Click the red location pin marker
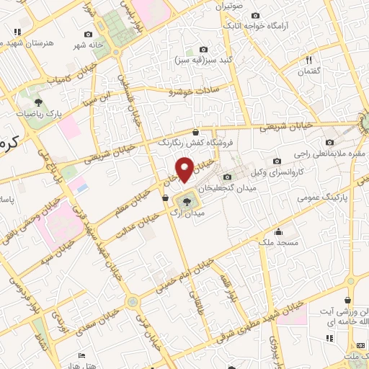185,170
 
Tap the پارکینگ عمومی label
316,195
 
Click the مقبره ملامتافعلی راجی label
330,154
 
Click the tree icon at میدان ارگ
187,201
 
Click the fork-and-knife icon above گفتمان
308,61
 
